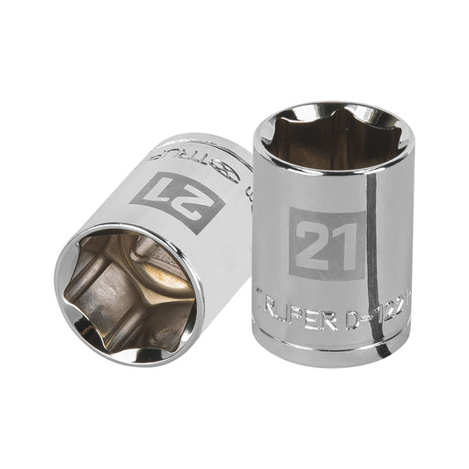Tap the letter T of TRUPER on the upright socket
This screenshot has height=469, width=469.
pyautogui.click(x=263, y=297)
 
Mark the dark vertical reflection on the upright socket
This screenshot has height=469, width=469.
pyautogui.click(x=379, y=238)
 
